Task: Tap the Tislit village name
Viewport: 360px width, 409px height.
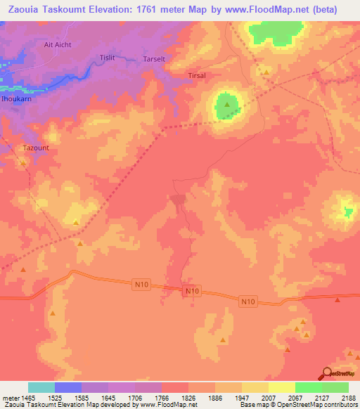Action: click(107, 57)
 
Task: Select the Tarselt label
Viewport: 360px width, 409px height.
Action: click(154, 59)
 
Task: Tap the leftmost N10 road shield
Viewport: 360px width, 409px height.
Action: click(141, 284)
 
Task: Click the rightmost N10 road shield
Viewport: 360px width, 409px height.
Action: click(248, 301)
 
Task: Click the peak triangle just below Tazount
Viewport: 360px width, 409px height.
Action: click(24, 163)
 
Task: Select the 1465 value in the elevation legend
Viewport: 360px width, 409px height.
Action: click(26, 398)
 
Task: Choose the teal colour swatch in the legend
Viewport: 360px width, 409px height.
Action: click(41, 387)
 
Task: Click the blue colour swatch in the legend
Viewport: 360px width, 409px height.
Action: click(68, 387)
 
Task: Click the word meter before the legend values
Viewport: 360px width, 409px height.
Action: click(10, 398)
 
